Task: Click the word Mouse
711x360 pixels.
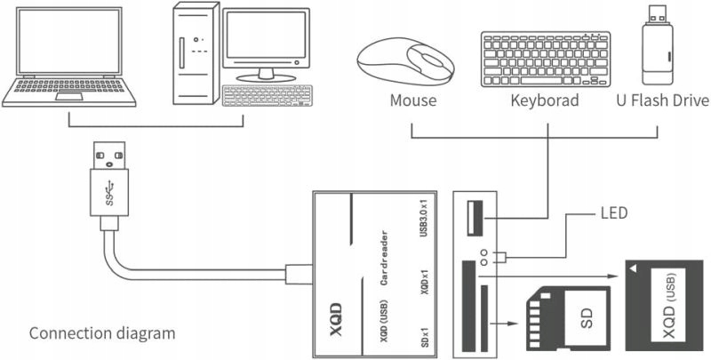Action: [x=413, y=100]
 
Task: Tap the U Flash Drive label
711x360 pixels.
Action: [x=662, y=100]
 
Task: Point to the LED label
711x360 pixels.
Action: [x=614, y=213]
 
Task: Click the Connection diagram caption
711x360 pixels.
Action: [x=102, y=334]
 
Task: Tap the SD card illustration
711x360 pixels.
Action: [x=559, y=316]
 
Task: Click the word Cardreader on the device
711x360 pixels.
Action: [x=381, y=259]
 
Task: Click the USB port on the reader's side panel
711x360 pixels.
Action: [x=470, y=217]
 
